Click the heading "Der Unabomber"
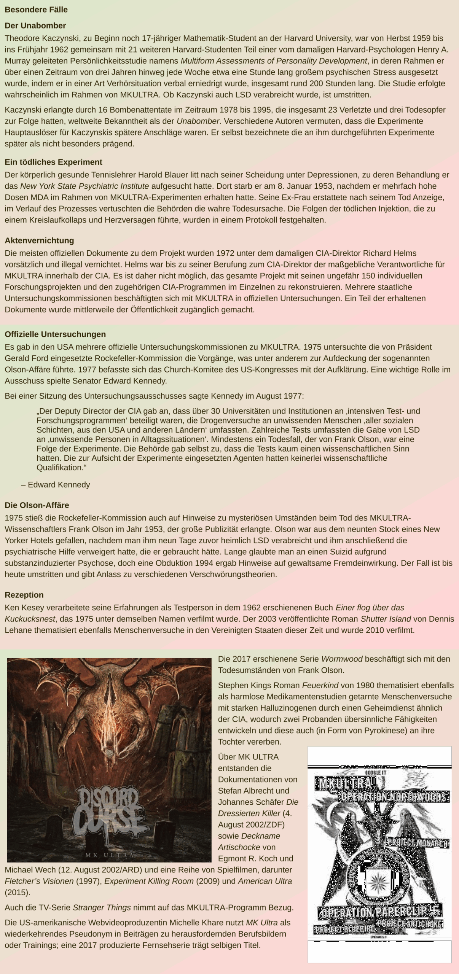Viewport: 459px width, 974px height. [x=35, y=25]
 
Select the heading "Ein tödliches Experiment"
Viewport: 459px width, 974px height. [x=53, y=162]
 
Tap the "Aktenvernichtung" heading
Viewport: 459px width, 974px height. [x=39, y=240]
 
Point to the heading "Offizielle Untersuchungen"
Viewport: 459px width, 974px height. [x=55, y=334]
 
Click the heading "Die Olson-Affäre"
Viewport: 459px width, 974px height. [x=37, y=505]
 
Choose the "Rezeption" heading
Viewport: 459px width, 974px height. [x=24, y=595]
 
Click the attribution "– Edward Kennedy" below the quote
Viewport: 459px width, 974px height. [x=56, y=485]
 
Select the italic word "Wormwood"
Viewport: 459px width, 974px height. [x=342, y=659]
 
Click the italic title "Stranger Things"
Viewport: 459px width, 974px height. [x=102, y=907]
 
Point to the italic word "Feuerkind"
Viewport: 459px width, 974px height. [x=320, y=685]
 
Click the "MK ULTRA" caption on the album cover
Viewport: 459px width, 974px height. [x=109, y=855]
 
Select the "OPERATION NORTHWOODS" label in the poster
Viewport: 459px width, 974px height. [x=394, y=797]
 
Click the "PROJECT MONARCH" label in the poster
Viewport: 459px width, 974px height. [x=417, y=843]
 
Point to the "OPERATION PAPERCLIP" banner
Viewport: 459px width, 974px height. [x=375, y=913]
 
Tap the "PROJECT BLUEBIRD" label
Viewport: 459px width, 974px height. [x=345, y=929]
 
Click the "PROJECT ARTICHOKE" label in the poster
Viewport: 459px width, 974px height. [x=409, y=924]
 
